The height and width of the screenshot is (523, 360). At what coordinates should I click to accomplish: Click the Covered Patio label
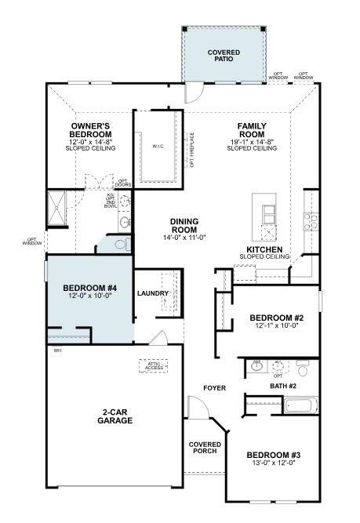point(224,55)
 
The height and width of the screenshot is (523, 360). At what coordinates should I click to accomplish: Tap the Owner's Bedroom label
point(91,130)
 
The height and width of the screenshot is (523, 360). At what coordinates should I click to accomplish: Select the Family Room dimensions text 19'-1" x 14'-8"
point(252,142)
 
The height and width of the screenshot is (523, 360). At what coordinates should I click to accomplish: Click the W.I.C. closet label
point(158,147)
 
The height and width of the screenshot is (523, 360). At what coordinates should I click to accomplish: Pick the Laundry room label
point(153,293)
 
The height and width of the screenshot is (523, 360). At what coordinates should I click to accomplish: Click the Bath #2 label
point(282,386)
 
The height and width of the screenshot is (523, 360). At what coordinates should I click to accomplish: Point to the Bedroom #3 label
point(273,455)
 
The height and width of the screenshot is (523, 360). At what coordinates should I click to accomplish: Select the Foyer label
point(214,388)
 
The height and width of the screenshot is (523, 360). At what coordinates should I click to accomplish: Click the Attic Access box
point(153,365)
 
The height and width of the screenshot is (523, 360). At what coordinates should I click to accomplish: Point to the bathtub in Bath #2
point(301,406)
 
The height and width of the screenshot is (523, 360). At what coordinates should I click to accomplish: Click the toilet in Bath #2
point(303,367)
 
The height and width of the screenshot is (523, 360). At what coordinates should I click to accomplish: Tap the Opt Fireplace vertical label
point(191,150)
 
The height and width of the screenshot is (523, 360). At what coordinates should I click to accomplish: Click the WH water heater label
point(57,350)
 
